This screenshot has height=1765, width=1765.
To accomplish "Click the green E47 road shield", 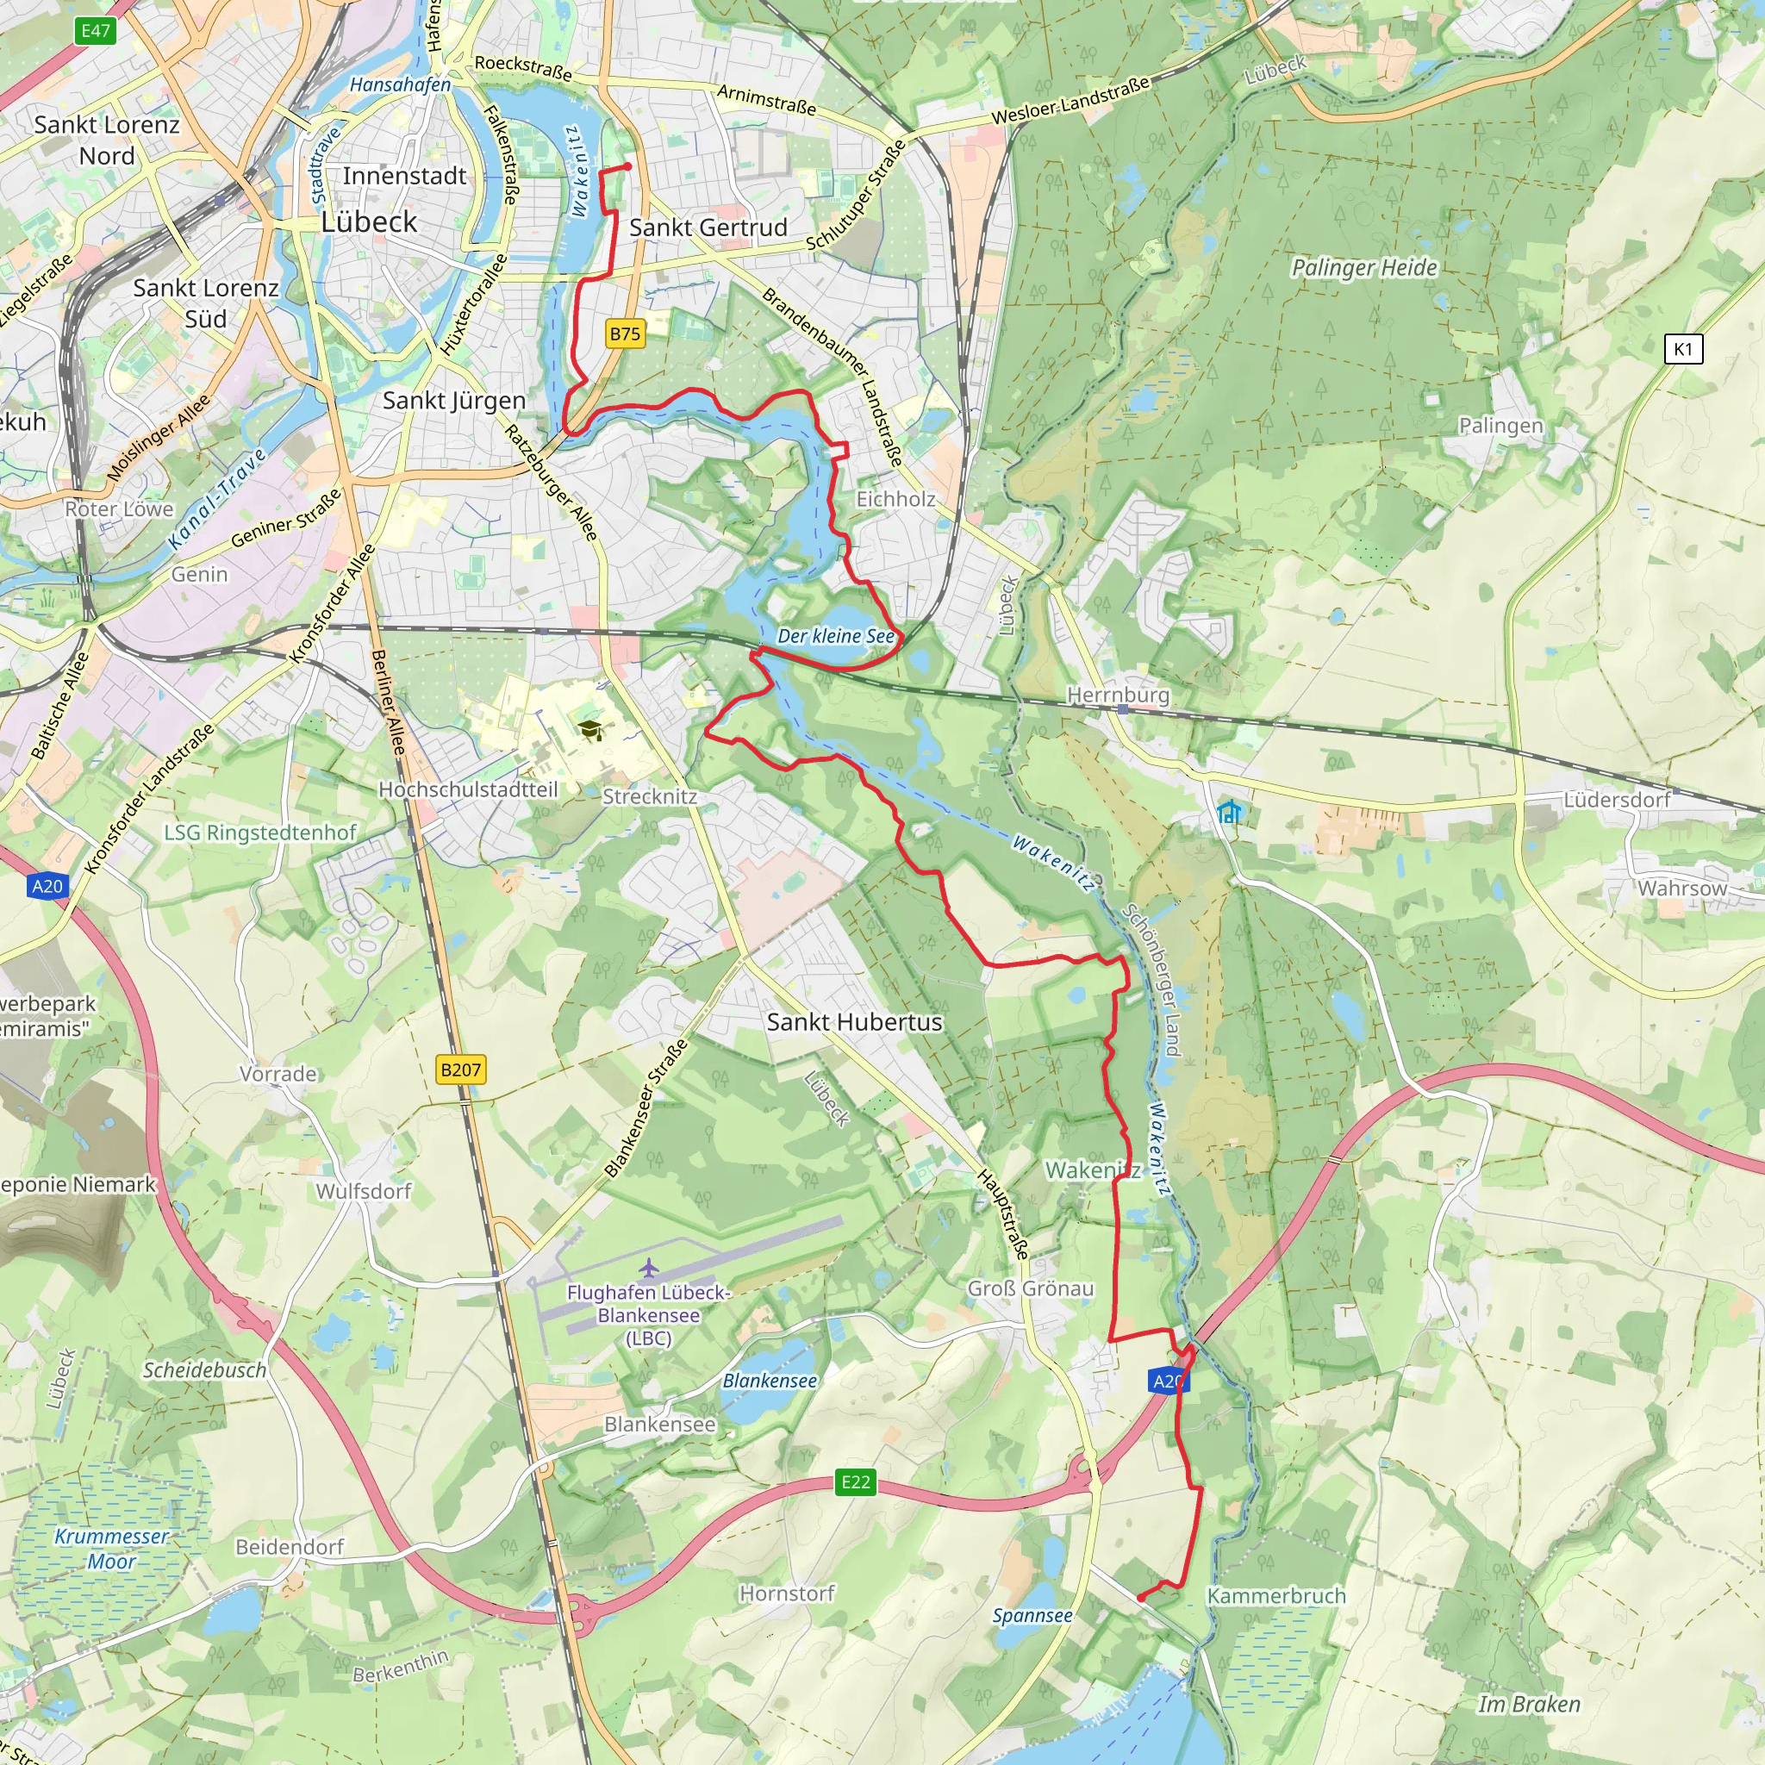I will pos(96,31).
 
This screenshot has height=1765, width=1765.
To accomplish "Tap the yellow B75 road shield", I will pos(625,334).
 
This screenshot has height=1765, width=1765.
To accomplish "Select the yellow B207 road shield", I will pos(460,1070).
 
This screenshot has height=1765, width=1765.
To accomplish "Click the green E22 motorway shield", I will pos(855,1481).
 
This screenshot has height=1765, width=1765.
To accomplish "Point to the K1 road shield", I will pos(1683,349).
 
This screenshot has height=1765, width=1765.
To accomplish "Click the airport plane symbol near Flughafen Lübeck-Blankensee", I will pos(649,1268).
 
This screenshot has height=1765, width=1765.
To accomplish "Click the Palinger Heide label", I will pos(1364,268).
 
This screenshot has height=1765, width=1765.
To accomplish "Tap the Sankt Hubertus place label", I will pos(854,1022).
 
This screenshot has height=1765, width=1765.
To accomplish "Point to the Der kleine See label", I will pos(836,636).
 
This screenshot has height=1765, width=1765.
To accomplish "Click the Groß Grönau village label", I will pos(1031,1288).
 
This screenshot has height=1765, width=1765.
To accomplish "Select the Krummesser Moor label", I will pos(111,1549).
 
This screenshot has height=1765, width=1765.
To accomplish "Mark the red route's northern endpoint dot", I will pos(627,166).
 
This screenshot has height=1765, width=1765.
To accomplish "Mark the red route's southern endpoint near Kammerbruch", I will pos(1140,1598).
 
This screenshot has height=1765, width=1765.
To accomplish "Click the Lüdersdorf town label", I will pos(1616,801).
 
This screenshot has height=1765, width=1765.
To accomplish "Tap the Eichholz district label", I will pos(895,499).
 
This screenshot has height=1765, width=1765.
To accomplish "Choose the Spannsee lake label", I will pos(1032,1615).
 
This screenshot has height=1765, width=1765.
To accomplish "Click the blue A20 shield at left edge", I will pos(47,885).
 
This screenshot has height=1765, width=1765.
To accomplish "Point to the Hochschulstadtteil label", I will pos(468,789).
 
